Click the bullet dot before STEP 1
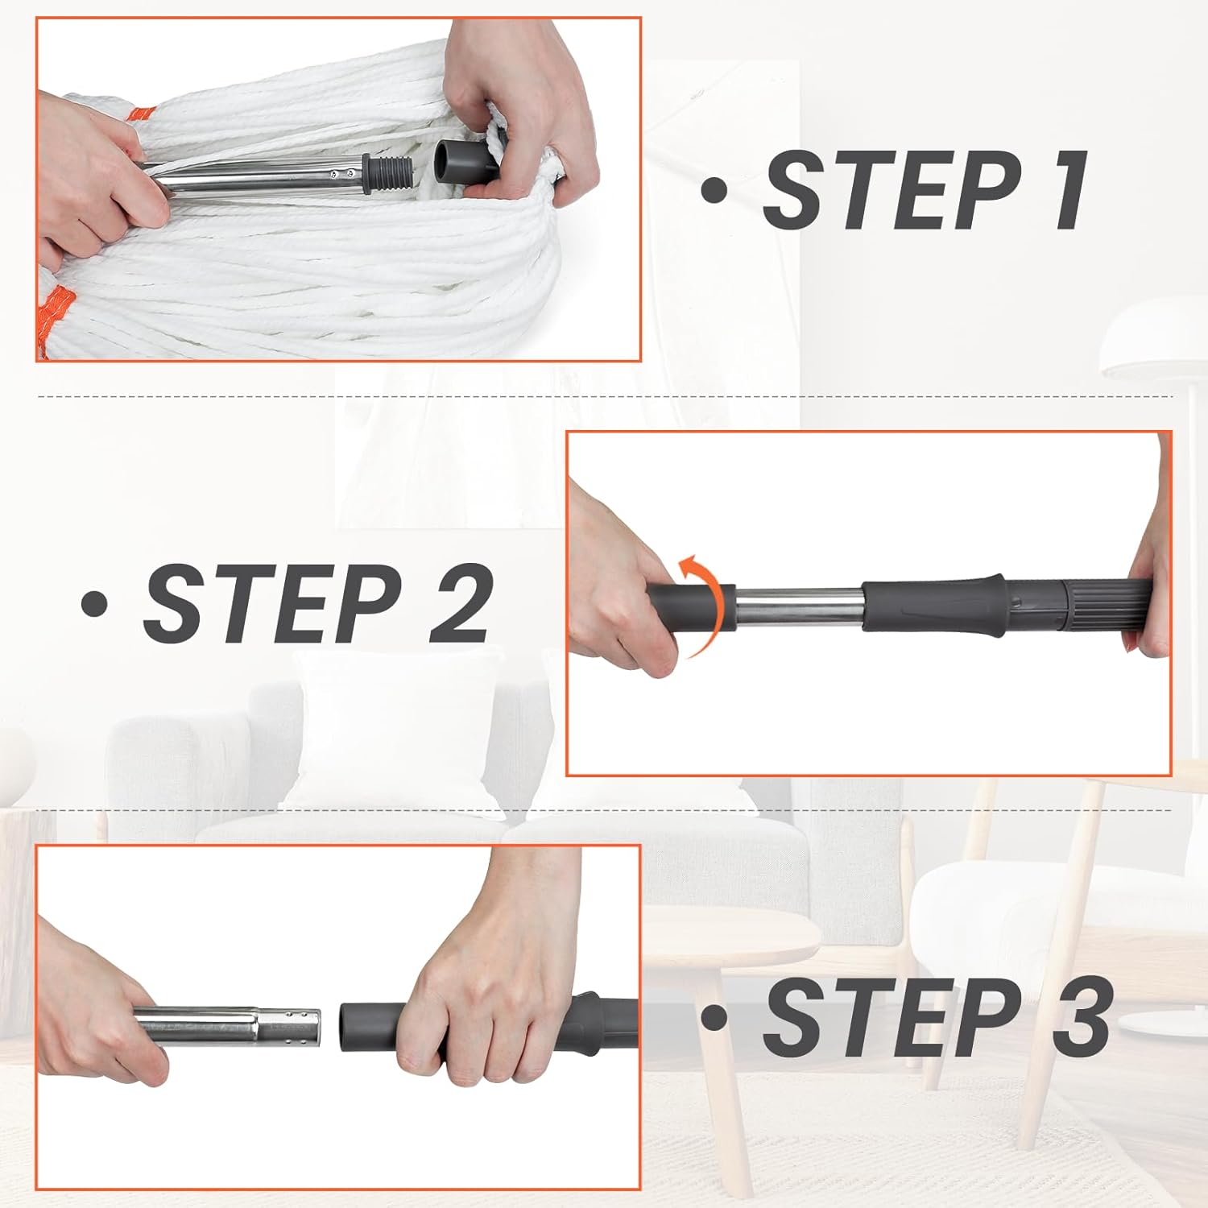714,192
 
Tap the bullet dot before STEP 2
95,604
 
